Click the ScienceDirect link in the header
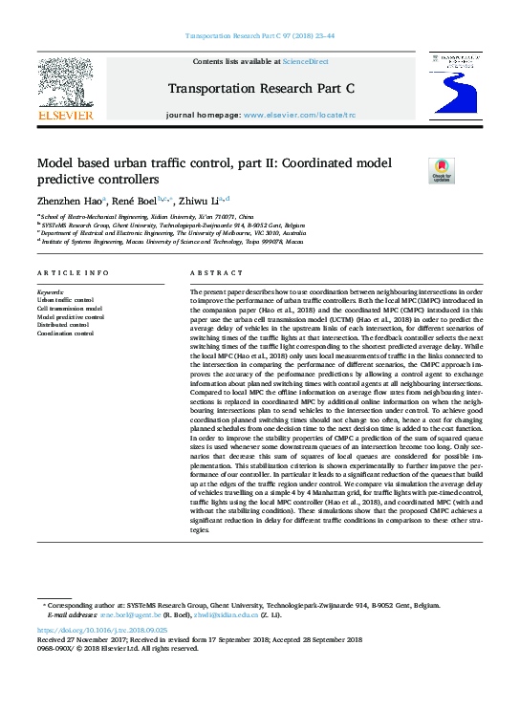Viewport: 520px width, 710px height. coord(307,61)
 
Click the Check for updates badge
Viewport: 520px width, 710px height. coord(442,170)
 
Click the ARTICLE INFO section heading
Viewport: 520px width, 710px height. coord(73,273)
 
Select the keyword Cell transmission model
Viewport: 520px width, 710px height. coord(69,309)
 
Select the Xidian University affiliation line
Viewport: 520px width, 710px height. coord(147,218)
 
